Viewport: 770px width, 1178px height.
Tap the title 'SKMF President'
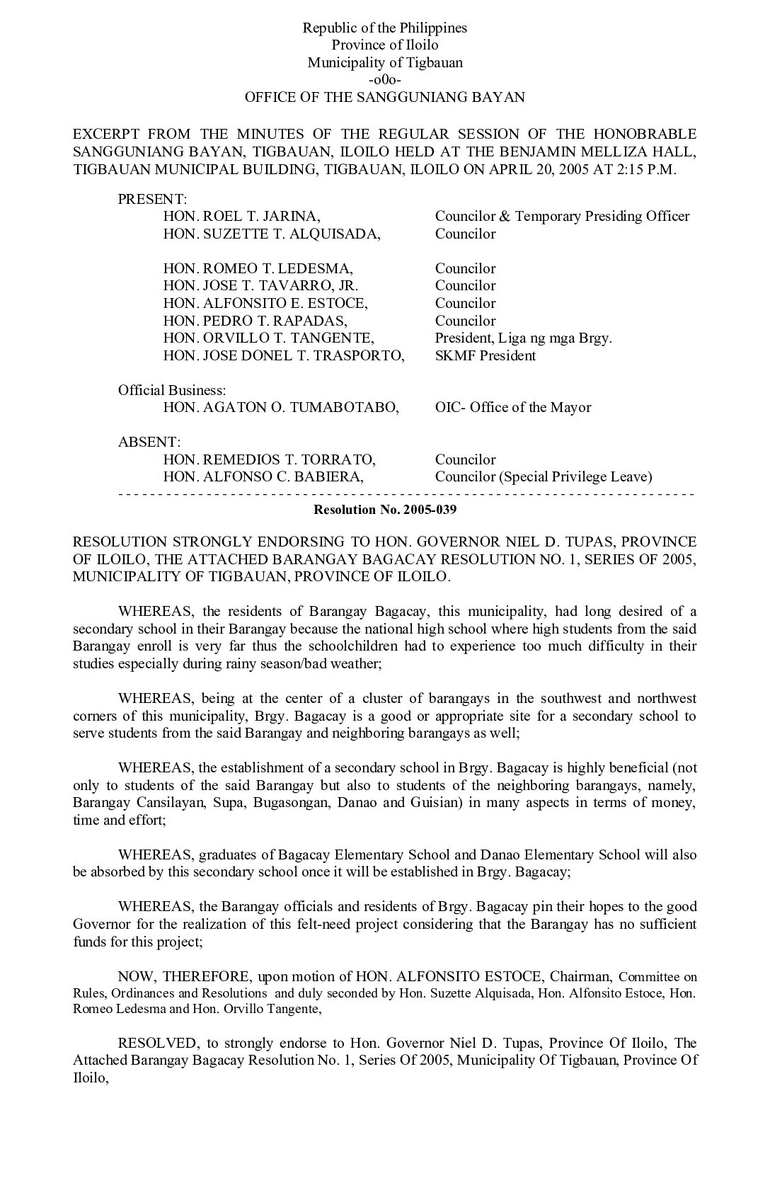click(485, 355)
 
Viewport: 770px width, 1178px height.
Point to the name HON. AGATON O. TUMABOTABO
click(281, 407)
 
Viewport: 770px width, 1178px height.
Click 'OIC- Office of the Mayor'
click(512, 407)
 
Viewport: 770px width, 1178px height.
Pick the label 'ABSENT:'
click(149, 442)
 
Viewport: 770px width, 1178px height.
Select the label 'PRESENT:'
click(152, 200)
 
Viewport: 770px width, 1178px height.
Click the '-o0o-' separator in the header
click(384, 80)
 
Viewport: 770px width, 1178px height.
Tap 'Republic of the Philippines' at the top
click(384, 28)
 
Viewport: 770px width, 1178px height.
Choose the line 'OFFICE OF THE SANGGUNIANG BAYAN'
click(384, 98)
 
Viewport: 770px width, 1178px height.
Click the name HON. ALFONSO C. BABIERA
click(263, 476)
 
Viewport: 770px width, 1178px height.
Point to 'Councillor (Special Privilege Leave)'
click(543, 476)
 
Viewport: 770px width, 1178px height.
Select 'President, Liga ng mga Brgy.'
click(523, 338)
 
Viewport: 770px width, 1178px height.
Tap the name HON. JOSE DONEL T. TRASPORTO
click(284, 355)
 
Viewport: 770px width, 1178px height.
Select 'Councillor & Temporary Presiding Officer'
click(562, 217)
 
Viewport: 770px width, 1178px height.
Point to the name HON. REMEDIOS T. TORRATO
click(270, 459)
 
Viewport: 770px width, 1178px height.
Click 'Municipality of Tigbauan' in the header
click(384, 63)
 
